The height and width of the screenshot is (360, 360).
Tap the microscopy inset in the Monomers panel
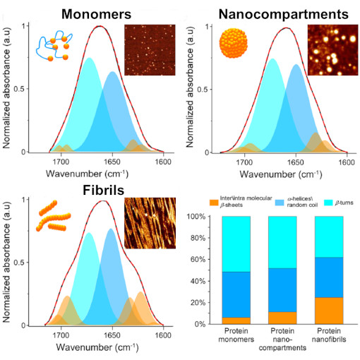149,49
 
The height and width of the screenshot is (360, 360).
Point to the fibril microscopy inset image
149,223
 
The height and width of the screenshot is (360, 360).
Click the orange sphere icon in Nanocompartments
233,42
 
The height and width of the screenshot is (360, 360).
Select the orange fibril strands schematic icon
53,216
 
